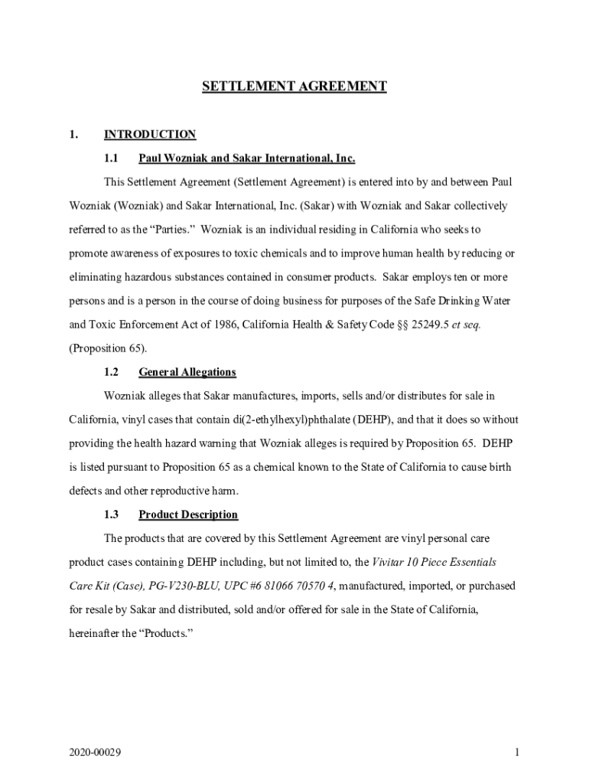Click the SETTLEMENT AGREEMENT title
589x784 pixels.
294,87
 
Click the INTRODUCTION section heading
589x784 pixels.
150,135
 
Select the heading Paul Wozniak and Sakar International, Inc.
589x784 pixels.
246,158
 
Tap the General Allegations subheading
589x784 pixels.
187,372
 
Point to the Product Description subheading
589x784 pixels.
188,514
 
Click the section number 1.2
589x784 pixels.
111,372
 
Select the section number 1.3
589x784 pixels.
111,514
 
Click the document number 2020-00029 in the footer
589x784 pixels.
95,753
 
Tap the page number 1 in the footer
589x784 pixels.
517,753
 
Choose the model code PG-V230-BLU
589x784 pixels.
153,586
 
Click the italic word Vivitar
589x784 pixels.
389,562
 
